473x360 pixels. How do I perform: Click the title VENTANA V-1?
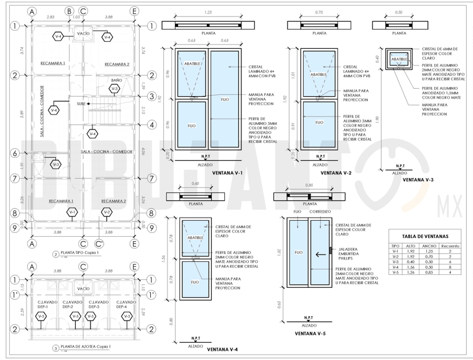tap(227, 173)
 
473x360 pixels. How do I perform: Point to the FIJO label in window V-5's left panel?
tap(298, 252)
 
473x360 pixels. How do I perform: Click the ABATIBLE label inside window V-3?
tap(400, 60)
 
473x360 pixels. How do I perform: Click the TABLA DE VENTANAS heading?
tap(425, 236)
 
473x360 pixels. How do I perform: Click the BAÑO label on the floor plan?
tap(116, 81)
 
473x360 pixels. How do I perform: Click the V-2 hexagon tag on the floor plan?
tap(107, 213)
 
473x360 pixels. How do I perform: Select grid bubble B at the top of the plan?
tap(70, 11)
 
